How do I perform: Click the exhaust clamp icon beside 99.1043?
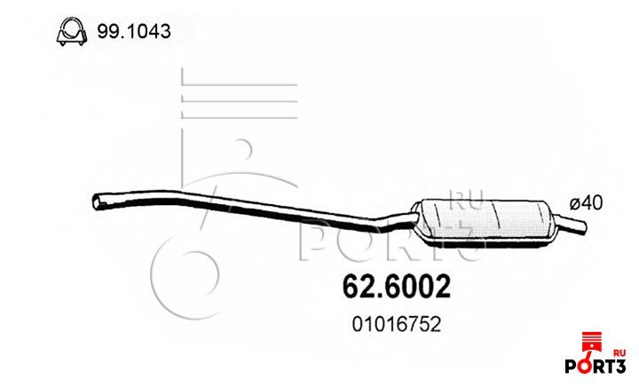(72, 31)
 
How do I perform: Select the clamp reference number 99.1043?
(134, 31)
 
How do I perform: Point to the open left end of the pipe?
(96, 202)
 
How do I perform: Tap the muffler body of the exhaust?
(485, 224)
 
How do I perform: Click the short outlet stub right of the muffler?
(572, 224)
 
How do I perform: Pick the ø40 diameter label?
(586, 202)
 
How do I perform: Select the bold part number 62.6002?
(396, 287)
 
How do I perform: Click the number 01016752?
(396, 325)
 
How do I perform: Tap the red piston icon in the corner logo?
(591, 344)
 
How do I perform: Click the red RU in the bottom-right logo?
(619, 353)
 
